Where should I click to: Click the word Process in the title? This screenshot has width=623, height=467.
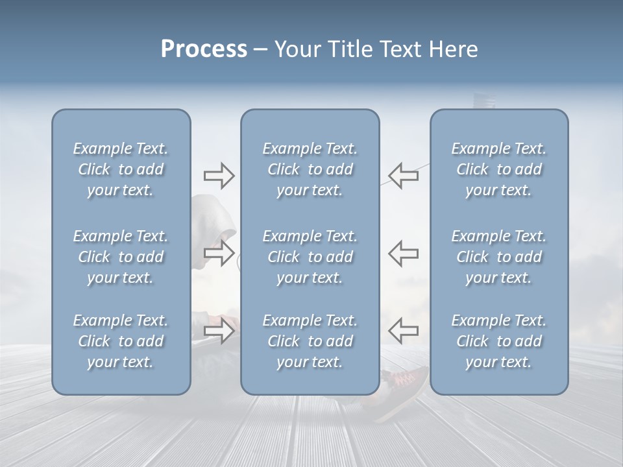pos(204,49)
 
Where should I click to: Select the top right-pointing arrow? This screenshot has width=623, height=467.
pos(219,176)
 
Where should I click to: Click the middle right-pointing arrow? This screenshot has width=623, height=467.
pos(219,253)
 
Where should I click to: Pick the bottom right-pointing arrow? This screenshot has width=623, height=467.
pos(219,331)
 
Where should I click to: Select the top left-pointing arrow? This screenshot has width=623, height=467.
pos(403,176)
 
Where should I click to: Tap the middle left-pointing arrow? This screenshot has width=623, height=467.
pos(403,253)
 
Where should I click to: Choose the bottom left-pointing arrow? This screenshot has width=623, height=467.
pos(403,331)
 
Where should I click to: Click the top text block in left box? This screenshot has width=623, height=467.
pos(121,169)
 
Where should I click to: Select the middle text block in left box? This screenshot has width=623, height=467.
pos(121,257)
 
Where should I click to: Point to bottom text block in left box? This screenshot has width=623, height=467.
pos(121,341)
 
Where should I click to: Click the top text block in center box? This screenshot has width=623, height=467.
pos(310,169)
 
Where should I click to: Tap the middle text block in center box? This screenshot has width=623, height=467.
pos(310,257)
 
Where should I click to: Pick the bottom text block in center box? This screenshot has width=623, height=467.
pos(310,341)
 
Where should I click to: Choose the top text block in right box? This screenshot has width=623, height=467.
pos(499,169)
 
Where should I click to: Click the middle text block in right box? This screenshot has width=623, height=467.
pos(499,257)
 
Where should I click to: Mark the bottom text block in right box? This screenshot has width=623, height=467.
pos(499,341)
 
